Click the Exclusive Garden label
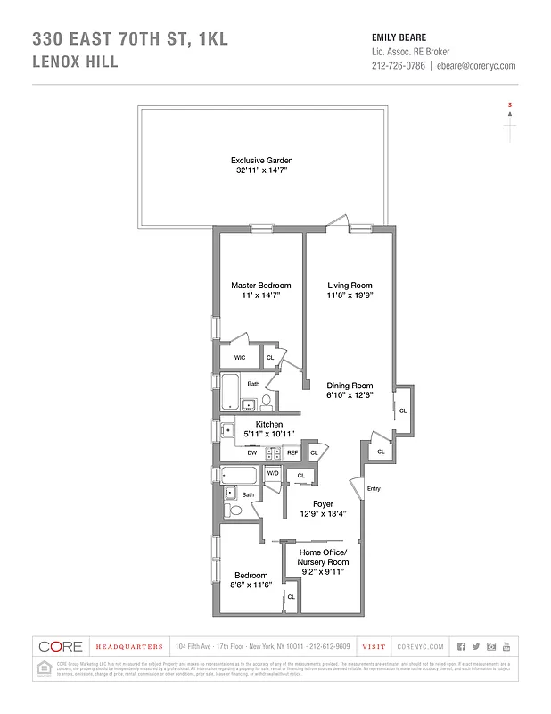pyautogui.click(x=262, y=160)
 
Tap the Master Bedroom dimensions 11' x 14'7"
pyautogui.click(x=256, y=295)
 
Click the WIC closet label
pyautogui.click(x=239, y=357)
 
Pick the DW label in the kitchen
pyautogui.click(x=251, y=452)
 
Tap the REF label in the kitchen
pyautogui.click(x=292, y=453)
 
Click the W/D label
pyautogui.click(x=273, y=473)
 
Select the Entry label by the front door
pyautogui.click(x=373, y=488)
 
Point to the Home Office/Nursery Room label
pyautogui.click(x=324, y=557)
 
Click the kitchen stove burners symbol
pyautogui.click(x=272, y=452)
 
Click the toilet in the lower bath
pyautogui.click(x=230, y=511)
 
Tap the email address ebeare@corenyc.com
pyautogui.click(x=477, y=66)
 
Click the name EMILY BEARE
pyautogui.click(x=399, y=37)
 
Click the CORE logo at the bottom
pyautogui.click(x=62, y=646)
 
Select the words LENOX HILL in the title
pyautogui.click(x=76, y=62)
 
